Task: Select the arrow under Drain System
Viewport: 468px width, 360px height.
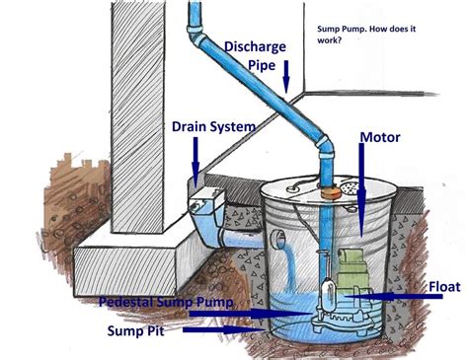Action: click(x=196, y=153)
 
